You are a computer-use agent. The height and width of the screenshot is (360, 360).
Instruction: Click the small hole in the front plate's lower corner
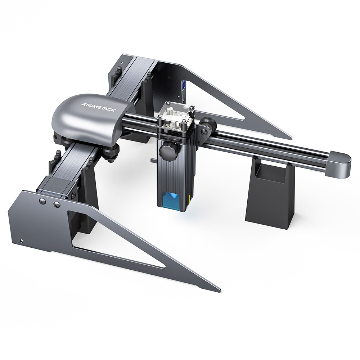pyautogui.click(x=22, y=240)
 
